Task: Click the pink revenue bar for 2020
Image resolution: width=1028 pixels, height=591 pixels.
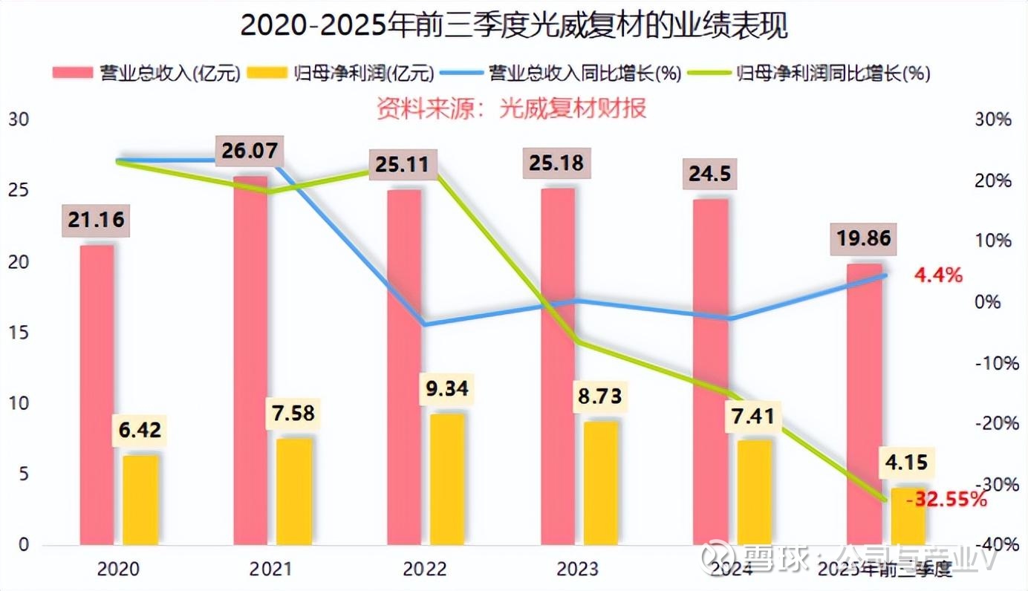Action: [x=97, y=394]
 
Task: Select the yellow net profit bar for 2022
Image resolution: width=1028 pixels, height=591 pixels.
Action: [x=447, y=479]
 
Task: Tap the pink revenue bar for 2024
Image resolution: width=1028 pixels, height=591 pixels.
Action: [x=710, y=371]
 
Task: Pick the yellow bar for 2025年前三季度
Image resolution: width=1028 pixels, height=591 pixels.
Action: [x=908, y=516]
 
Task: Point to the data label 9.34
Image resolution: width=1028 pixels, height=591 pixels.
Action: [x=448, y=388]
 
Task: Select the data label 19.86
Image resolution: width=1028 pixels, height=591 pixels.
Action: [x=862, y=239]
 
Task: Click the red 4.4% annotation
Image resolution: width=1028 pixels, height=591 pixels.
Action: [x=938, y=275]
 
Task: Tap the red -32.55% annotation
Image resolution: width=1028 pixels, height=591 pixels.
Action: [x=946, y=500]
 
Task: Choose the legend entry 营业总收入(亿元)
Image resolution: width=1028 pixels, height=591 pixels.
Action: [x=146, y=73]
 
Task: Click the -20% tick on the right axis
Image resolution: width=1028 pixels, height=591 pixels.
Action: [x=992, y=423]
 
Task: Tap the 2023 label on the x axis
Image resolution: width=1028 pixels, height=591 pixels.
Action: [x=577, y=569]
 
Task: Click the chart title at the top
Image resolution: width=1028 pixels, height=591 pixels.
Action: [x=513, y=26]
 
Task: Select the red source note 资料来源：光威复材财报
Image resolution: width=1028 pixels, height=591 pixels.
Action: [x=511, y=108]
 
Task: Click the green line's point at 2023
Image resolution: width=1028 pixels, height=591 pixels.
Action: [x=577, y=342]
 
